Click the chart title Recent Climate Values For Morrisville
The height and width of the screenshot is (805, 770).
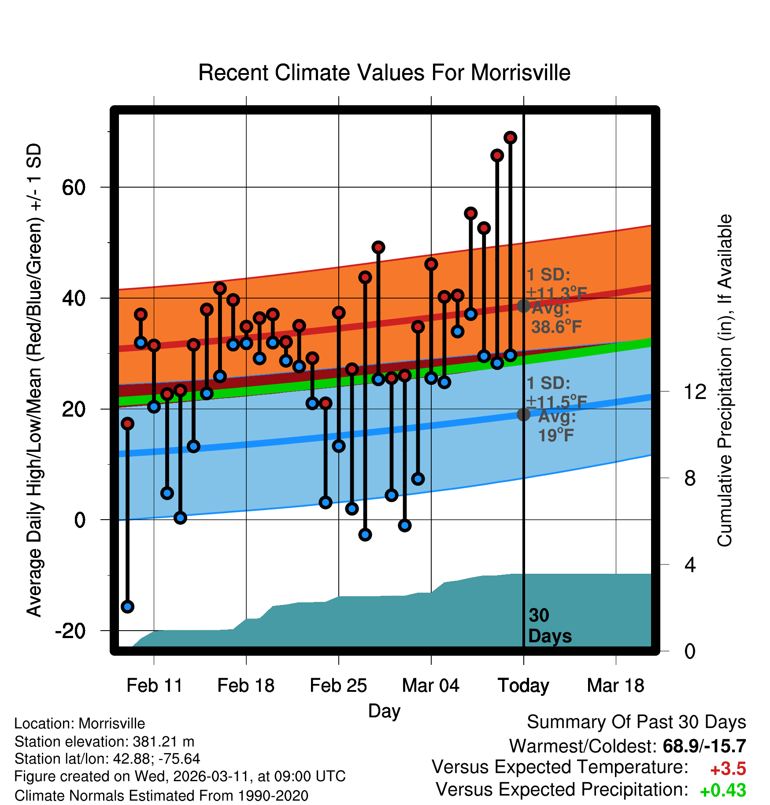pyautogui.click(x=384, y=73)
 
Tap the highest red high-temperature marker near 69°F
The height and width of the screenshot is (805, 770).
pyautogui.click(x=510, y=138)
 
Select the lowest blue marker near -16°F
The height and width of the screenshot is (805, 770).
pyautogui.click(x=127, y=606)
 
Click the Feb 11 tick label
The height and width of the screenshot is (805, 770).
pyautogui.click(x=154, y=686)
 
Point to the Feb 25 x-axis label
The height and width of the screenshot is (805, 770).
pyautogui.click(x=338, y=686)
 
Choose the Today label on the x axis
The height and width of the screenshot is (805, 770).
pyautogui.click(x=523, y=686)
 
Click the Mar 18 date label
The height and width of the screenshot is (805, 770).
pyautogui.click(x=615, y=686)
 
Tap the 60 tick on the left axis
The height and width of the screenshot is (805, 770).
pyautogui.click(x=74, y=188)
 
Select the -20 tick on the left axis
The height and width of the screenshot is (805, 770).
pyautogui.click(x=70, y=631)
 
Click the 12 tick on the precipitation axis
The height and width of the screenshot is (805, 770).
pyautogui.click(x=695, y=391)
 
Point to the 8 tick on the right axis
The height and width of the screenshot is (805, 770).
pyautogui.click(x=690, y=478)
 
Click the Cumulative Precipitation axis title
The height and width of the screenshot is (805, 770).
pyautogui.click(x=725, y=380)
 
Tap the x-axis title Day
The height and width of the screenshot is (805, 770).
pyautogui.click(x=384, y=711)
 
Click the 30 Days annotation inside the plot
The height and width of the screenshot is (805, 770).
pyautogui.click(x=549, y=626)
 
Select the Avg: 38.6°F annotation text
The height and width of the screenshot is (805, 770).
pyautogui.click(x=556, y=318)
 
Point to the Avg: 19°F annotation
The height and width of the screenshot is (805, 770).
pyautogui.click(x=556, y=426)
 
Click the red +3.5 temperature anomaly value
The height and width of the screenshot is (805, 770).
pyautogui.click(x=728, y=769)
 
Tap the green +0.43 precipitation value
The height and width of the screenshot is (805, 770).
pyautogui.click(x=722, y=790)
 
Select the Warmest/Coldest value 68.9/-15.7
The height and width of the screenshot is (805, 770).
pyautogui.click(x=704, y=746)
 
